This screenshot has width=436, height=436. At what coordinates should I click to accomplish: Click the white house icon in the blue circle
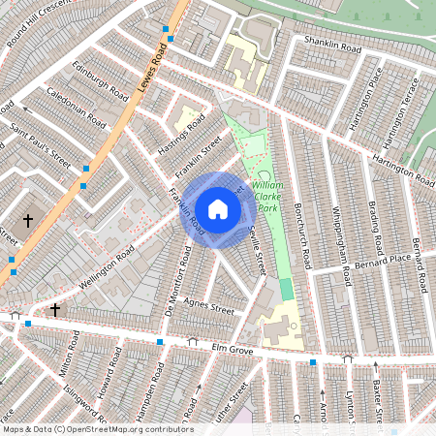point(218,208)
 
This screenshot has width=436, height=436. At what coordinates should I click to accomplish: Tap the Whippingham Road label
point(339,244)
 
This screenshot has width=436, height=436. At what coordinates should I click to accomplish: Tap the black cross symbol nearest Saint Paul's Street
point(28,221)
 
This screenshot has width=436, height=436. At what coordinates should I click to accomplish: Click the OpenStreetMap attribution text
point(97,428)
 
